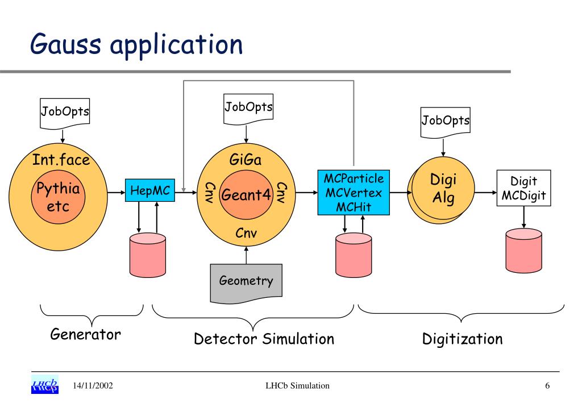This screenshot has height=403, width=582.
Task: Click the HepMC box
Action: [150, 190]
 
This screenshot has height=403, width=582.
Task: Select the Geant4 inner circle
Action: [246, 195]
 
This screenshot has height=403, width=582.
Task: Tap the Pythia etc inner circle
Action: [59, 197]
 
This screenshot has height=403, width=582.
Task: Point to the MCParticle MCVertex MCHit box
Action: [354, 193]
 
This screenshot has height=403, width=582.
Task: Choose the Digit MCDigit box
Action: [523, 188]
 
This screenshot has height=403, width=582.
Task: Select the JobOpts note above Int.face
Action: [65, 114]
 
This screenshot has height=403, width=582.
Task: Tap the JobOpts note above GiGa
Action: [248, 109]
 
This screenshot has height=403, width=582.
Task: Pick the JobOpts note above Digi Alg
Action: [446, 123]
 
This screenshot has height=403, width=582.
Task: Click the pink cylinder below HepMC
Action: [148, 255]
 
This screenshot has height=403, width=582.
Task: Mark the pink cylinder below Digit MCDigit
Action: [523, 251]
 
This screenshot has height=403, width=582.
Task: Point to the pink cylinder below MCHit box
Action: [354, 255]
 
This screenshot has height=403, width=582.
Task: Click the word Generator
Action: [85, 334]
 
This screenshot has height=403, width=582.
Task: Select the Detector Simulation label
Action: [264, 339]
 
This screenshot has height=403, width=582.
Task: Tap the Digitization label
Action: [463, 339]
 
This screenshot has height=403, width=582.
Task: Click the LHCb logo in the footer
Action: [45, 385]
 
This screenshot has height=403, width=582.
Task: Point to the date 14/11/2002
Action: [93, 386]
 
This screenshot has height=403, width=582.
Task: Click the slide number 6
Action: [547, 386]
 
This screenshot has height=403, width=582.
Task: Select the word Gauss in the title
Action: [65, 44]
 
